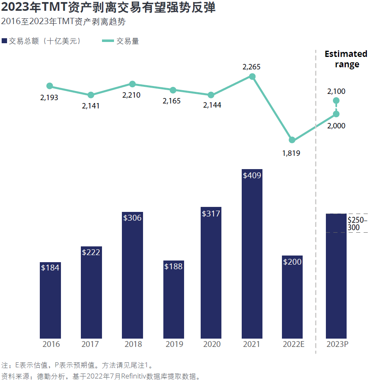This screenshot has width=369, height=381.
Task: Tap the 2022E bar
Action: (x=292, y=297)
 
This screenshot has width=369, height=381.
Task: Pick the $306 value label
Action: (x=132, y=218)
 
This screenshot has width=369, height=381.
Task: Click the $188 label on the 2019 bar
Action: (x=173, y=266)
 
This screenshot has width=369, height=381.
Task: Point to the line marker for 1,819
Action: (x=292, y=140)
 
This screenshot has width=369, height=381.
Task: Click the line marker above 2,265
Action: (x=252, y=76)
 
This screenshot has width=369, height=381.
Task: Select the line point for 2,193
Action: (x=50, y=86)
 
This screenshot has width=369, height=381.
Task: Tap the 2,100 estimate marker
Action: (x=336, y=101)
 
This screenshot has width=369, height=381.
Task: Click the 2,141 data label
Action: (x=91, y=106)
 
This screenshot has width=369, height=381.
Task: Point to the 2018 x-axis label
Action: (x=132, y=344)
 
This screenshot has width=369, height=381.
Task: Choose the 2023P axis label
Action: (x=336, y=344)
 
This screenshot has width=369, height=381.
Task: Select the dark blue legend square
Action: (x=5, y=41)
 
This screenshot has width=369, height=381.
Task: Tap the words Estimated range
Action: (x=346, y=59)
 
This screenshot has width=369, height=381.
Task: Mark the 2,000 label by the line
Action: (x=336, y=126)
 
